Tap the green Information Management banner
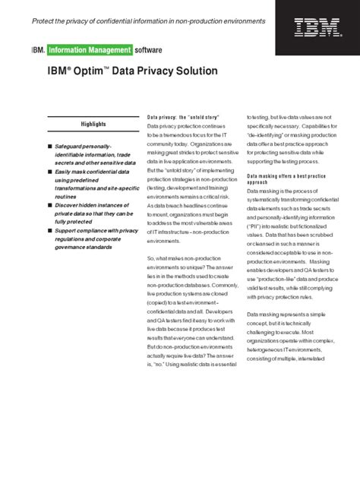click(x=89, y=50)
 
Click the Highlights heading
click(x=93, y=123)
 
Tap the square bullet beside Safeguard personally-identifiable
click(x=49, y=145)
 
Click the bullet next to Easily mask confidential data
click(x=49, y=172)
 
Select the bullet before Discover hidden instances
click(x=49, y=204)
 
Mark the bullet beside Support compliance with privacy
click(x=49, y=231)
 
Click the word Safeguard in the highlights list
click(x=74, y=145)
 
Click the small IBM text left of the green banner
click(x=37, y=50)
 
